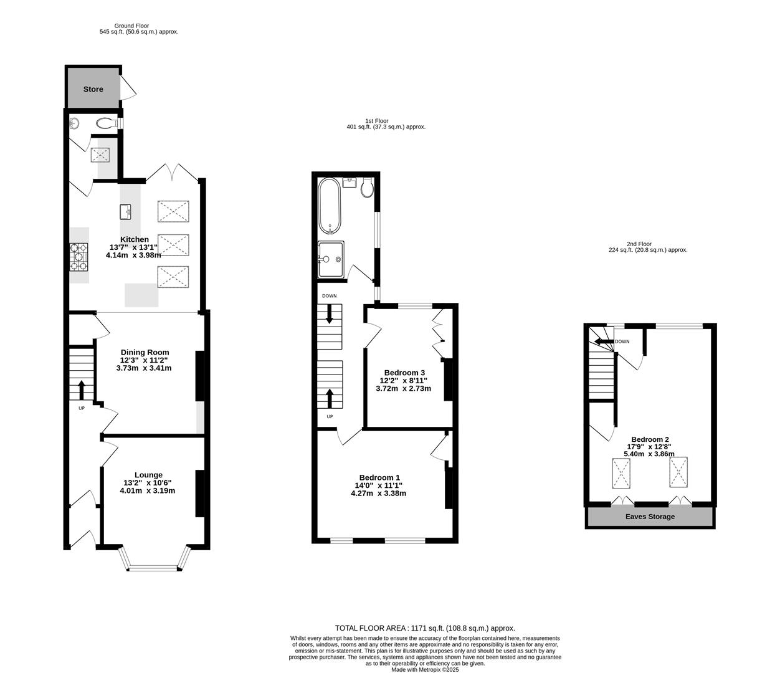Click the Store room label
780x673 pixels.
pos(93,89)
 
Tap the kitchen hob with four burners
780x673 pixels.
pos(80,256)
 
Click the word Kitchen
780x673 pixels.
pos(135,239)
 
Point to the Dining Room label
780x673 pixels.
pos(145,353)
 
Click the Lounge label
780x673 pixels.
pos(148,475)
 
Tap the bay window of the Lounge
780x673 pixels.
pos(153,566)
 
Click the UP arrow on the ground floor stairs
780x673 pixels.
pos(82,389)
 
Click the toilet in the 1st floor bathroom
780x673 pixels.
pos(367,188)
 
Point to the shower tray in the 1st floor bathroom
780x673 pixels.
pos(330,259)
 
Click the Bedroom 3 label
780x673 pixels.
pos(404,373)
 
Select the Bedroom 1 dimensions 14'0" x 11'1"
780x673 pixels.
pos(379,485)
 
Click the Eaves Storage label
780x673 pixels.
pos(650,517)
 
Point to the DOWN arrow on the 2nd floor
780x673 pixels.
pos(603,341)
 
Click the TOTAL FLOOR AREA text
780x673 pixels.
pos(425,628)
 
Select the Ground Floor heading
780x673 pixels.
pos(132,26)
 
